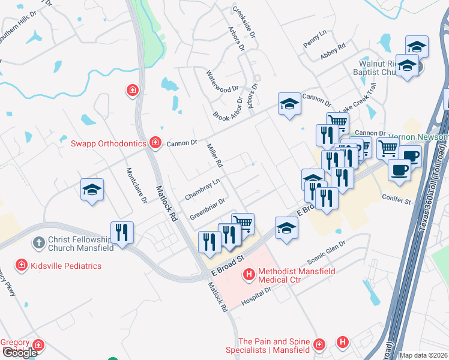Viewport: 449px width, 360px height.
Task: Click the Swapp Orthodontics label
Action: (109, 143)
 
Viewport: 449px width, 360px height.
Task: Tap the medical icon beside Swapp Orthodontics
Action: (155, 142)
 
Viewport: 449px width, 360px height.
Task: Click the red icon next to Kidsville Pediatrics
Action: (22, 265)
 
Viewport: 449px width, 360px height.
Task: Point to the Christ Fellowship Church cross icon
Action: (38, 243)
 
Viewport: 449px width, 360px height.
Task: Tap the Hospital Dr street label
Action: (256, 295)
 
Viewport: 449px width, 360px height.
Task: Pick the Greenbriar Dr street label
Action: (207, 208)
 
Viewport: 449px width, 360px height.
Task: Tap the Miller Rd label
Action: (215, 155)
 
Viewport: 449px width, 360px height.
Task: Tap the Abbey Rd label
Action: (333, 51)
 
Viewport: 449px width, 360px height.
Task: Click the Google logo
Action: (20, 352)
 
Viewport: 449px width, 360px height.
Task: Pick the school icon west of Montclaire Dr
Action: (92, 190)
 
